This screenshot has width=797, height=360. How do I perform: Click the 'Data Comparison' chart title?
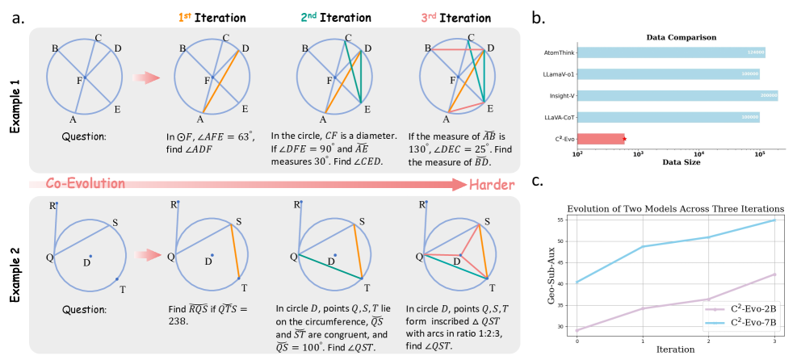[677, 37]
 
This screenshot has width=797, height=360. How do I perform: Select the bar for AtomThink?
[670, 53]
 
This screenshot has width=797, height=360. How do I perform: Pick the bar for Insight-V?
[677, 95]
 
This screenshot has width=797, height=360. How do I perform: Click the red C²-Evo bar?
[601, 138]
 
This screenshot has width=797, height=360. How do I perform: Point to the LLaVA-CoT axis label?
[555, 117]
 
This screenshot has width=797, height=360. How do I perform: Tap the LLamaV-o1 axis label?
[554, 74]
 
